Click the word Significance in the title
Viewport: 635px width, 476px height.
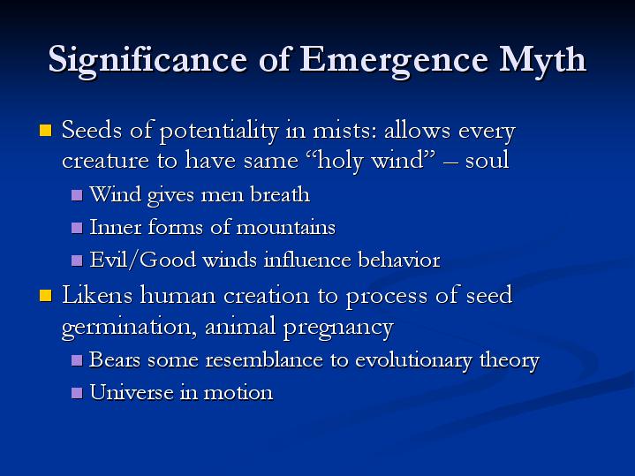(159, 60)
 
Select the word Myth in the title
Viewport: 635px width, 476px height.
(541, 60)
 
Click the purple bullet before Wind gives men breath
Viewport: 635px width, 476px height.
(76, 194)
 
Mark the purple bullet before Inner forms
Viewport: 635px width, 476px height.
(76, 228)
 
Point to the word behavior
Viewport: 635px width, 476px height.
(398, 261)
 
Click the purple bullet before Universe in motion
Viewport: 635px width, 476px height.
(76, 393)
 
